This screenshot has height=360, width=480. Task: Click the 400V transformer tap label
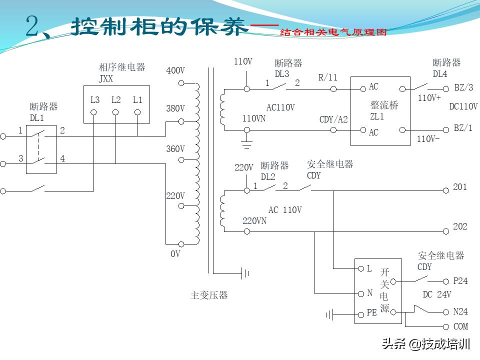point(175,71)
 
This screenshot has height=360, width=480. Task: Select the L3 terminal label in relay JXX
point(95,100)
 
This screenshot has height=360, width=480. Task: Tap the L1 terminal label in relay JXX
point(137,100)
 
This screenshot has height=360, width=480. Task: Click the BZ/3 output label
point(463,87)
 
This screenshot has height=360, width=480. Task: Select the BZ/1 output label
point(463,128)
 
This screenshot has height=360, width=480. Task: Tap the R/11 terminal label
point(328,77)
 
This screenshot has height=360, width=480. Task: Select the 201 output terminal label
point(460,187)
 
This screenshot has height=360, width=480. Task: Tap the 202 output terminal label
point(460,227)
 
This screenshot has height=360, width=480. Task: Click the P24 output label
point(460,281)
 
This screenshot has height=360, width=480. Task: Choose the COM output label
point(460,326)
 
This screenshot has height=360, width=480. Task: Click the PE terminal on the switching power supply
point(371,312)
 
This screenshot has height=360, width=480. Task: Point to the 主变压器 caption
point(209,295)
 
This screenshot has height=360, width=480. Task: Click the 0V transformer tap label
point(175,254)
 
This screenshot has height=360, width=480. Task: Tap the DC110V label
point(463,106)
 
